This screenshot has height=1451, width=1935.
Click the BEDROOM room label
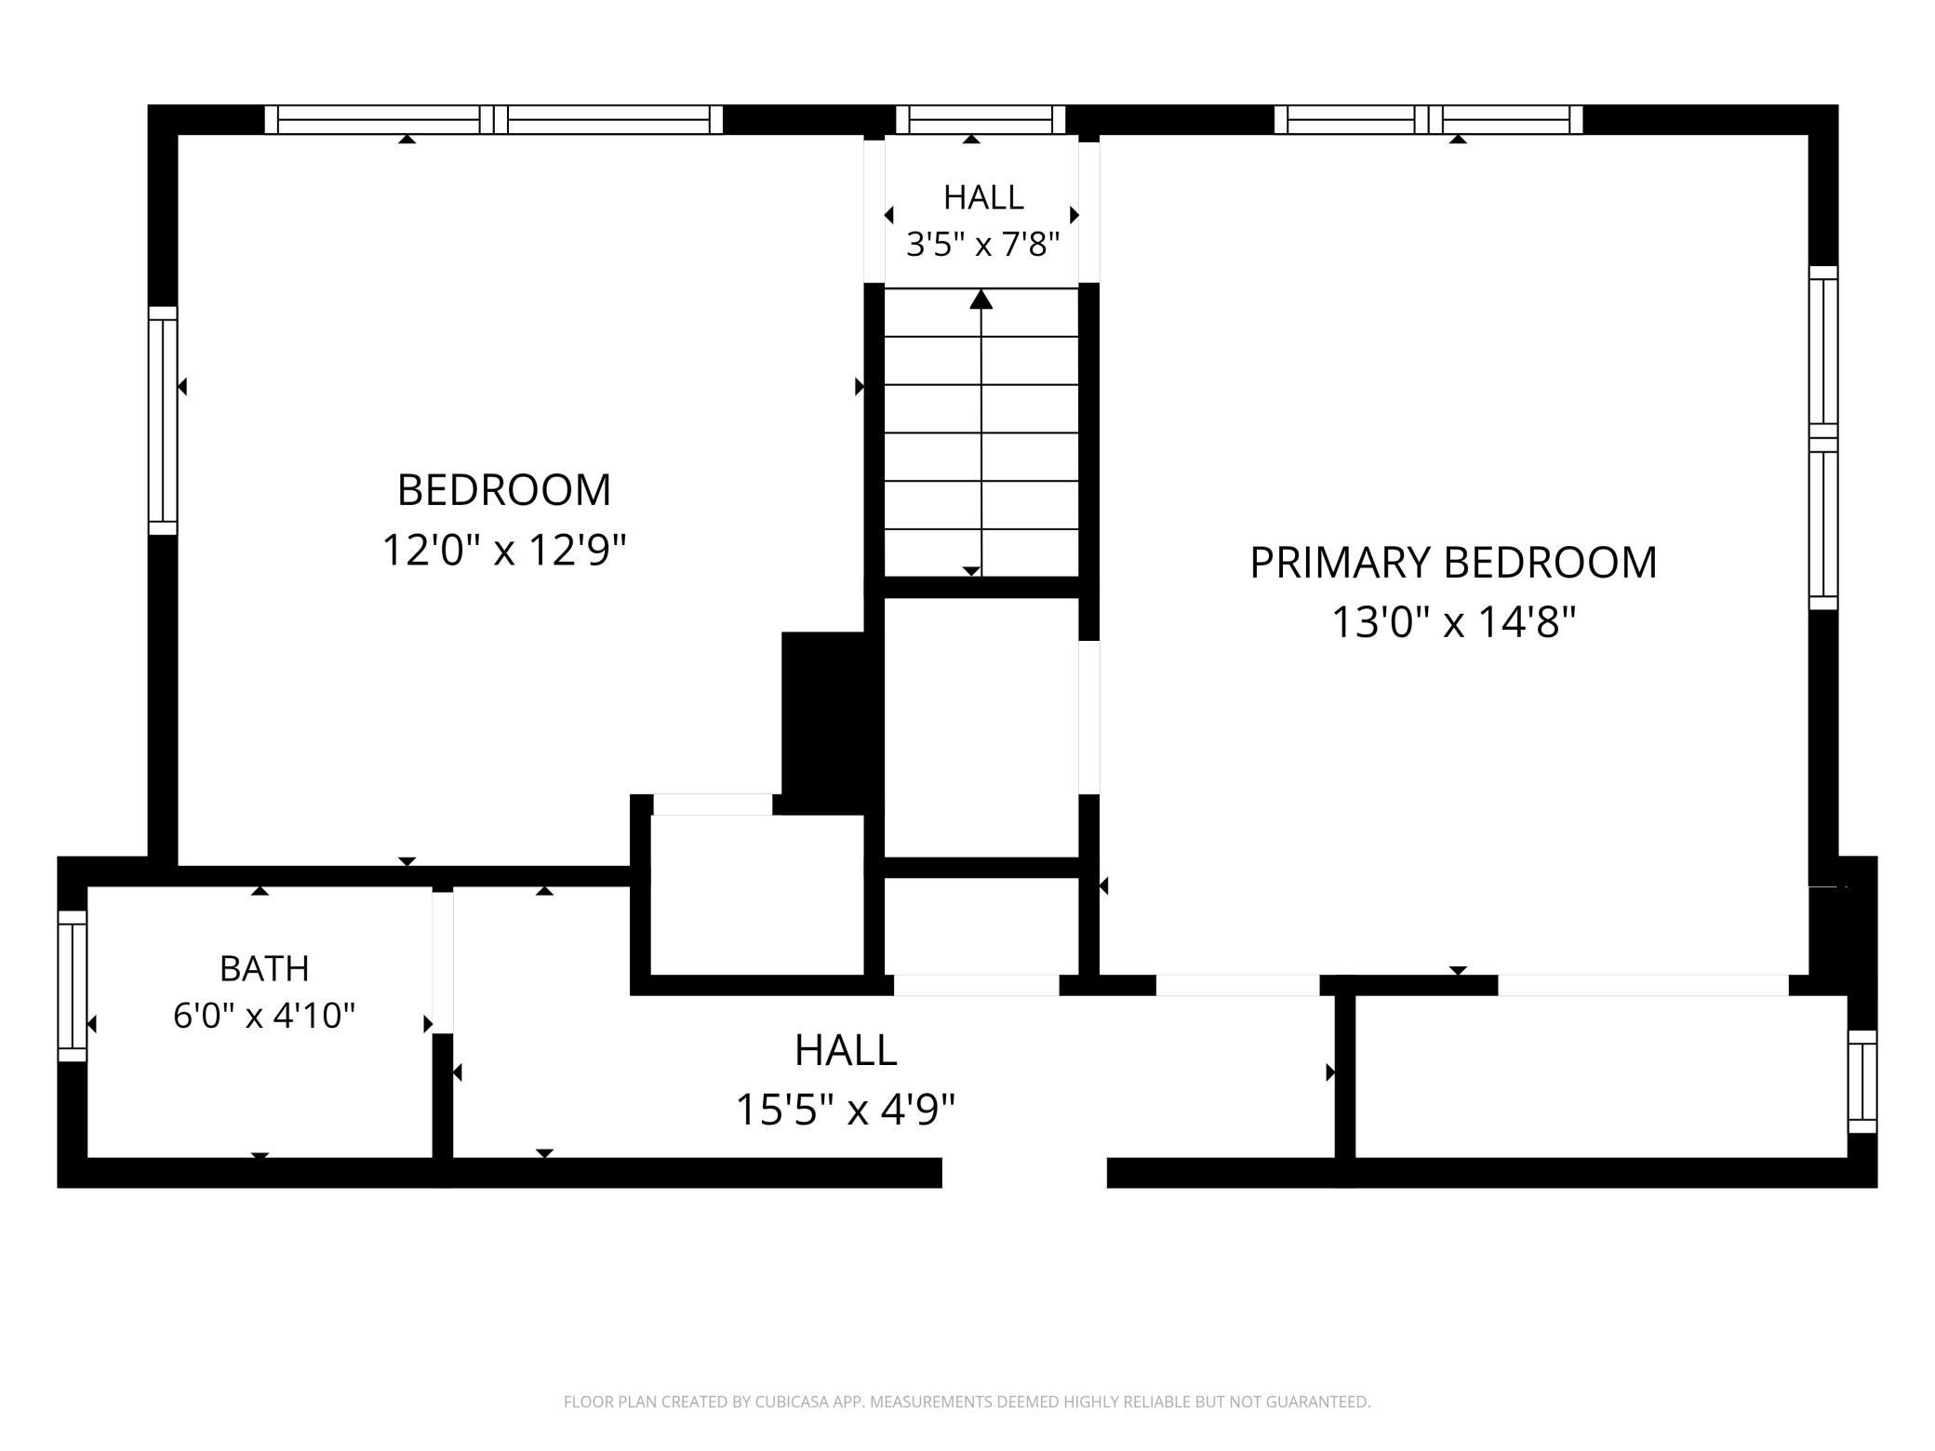tap(503, 490)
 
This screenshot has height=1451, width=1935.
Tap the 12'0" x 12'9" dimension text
tap(504, 550)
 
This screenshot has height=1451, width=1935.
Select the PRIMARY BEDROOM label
tap(1453, 563)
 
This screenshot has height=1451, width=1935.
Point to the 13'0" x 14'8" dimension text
tap(1454, 622)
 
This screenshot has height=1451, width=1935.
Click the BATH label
tap(264, 968)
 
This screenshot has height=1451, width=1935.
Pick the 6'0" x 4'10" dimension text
tap(264, 1015)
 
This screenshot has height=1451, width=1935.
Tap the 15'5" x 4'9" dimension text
tap(846, 1109)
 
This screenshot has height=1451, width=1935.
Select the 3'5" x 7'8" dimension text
tap(983, 245)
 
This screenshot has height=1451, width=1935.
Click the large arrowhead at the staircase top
tap(981, 300)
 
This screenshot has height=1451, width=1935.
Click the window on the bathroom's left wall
tap(73, 986)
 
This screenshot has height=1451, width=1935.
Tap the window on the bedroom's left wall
tap(163, 420)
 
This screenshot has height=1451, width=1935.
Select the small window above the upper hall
tap(981, 119)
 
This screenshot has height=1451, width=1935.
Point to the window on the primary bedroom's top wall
tap(1428, 119)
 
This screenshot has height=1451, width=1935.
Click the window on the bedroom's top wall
tap(494, 119)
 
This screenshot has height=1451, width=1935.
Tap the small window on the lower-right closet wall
tap(1862, 1082)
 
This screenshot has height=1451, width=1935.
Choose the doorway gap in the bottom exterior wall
tap(1024, 1173)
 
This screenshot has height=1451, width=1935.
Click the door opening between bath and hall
tap(443, 962)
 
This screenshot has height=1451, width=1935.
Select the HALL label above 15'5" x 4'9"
tap(846, 1050)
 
